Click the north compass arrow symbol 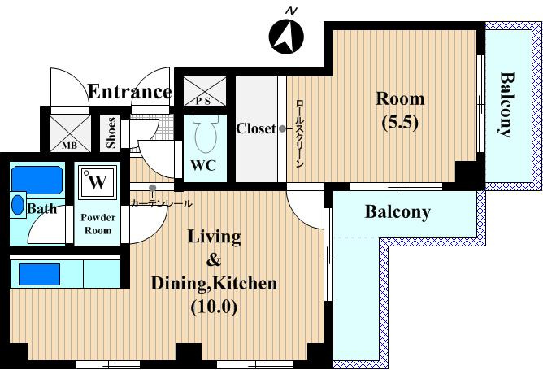[286, 37]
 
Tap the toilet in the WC [206, 134]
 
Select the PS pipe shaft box [205, 91]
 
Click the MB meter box [70, 133]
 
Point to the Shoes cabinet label [111, 133]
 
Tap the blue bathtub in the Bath [37, 180]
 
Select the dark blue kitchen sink [39, 274]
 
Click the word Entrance [129, 92]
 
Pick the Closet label [256, 128]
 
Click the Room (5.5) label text [400, 110]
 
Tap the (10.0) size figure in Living [215, 307]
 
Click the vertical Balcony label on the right [507, 104]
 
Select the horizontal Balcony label [397, 211]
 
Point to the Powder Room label [98, 224]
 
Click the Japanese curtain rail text [161, 204]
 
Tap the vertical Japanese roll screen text [300, 134]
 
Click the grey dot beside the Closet [283, 128]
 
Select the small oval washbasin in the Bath [18, 205]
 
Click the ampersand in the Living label [213, 260]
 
